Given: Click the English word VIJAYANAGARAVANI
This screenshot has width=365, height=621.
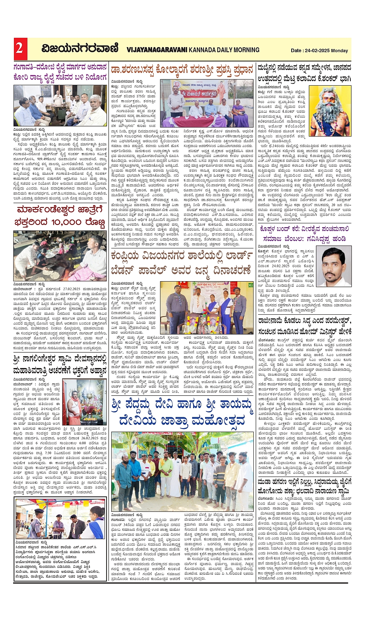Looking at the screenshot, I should click(156, 50).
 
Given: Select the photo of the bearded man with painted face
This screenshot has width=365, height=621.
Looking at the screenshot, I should click(332, 112).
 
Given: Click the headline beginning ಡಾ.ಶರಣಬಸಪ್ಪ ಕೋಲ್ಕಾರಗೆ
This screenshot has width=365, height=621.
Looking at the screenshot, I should click(182, 69).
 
